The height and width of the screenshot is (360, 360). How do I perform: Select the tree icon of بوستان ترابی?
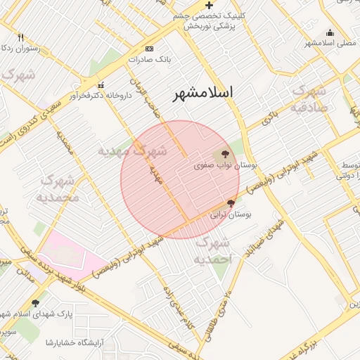[x=231, y=203]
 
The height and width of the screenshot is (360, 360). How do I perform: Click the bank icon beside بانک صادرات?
[x=148, y=49]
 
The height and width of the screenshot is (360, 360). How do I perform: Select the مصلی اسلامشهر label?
[x=328, y=43]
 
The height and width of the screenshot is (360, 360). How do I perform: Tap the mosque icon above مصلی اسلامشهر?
[x=330, y=32]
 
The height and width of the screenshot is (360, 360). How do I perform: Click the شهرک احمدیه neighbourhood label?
[x=214, y=250]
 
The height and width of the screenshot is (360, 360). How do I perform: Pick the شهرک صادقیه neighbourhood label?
[x=309, y=99]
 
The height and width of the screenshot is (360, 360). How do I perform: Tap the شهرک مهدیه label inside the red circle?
[x=133, y=150]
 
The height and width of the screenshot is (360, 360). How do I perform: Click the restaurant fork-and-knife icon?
[x=21, y=37]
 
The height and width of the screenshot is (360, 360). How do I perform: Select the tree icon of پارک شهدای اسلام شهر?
[x=35, y=304]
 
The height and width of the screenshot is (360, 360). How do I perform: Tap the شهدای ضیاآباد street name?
[x=264, y=236]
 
